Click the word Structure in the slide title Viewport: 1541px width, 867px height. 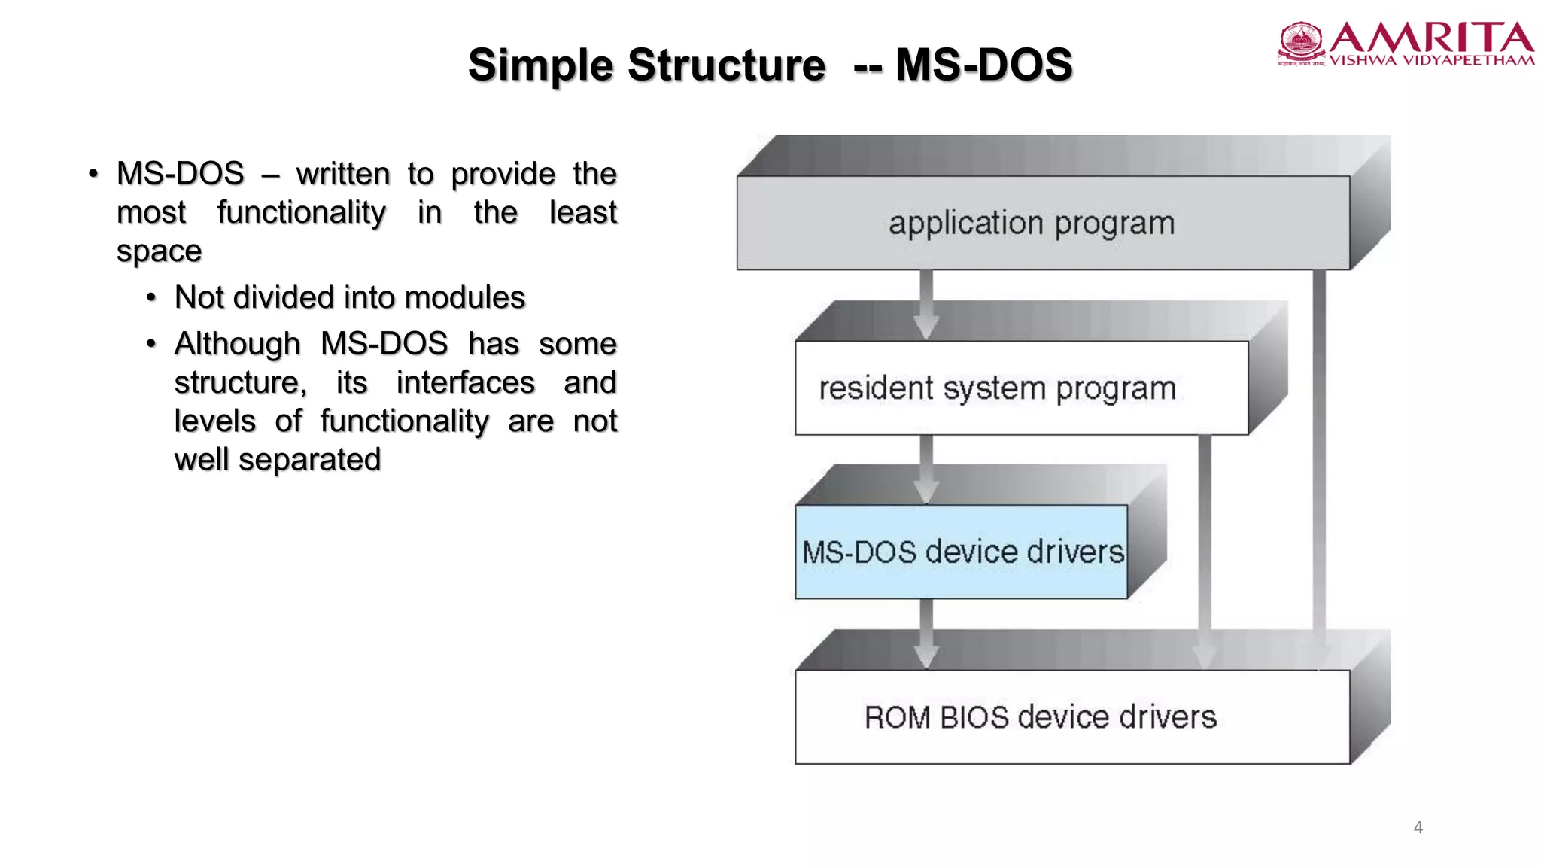coord(726,65)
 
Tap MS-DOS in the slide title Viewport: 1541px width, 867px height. coord(983,65)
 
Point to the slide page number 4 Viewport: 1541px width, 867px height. coord(1418,827)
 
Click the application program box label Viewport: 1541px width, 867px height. coord(1032,224)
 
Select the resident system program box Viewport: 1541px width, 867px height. coord(1021,388)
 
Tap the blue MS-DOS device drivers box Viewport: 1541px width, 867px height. coord(962,552)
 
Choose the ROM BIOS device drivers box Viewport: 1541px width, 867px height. coord(1072,716)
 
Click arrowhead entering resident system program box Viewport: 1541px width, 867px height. coord(926,328)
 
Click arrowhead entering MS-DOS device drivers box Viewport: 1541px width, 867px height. coord(926,492)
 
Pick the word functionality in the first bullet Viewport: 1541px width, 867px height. coord(301,213)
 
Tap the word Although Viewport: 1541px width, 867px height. coord(237,344)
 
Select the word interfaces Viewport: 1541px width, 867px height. coord(465,382)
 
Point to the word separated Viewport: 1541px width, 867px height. coord(309,460)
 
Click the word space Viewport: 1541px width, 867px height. coord(159,251)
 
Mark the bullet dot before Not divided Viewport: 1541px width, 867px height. coord(151,298)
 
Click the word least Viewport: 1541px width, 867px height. coord(582,213)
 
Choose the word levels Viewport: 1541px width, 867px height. coord(214,421)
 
